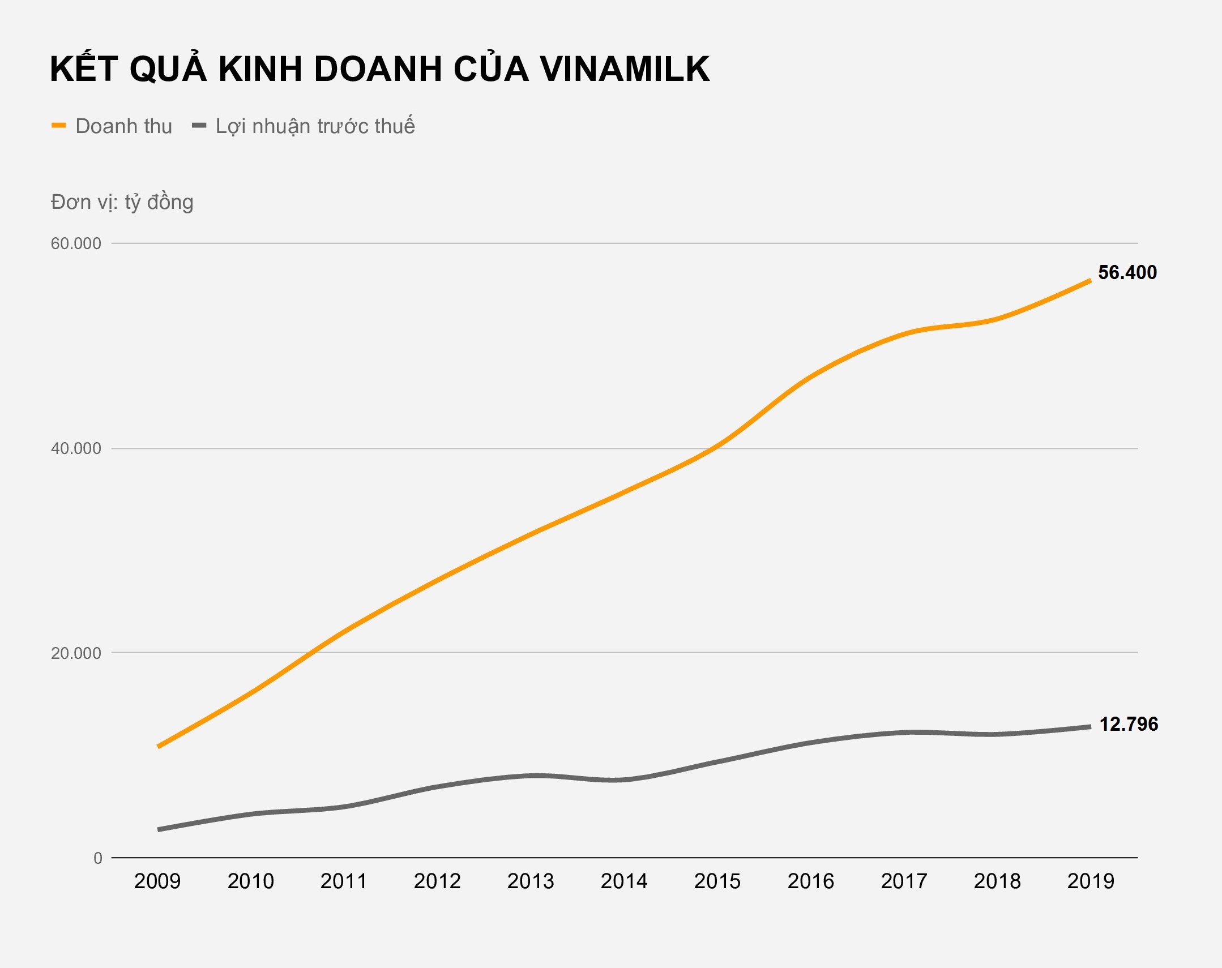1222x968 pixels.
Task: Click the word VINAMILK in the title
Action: pyautogui.click(x=624, y=70)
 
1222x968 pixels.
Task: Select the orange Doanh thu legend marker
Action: pyautogui.click(x=59, y=125)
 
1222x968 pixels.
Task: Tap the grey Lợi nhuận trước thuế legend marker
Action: pyautogui.click(x=199, y=125)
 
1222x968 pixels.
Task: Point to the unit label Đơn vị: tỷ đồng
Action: pyautogui.click(x=122, y=202)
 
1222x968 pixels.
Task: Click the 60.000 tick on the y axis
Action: pyautogui.click(x=76, y=244)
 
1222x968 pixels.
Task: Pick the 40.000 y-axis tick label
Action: pyautogui.click(x=76, y=449)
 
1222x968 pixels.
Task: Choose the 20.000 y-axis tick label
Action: pyautogui.click(x=76, y=653)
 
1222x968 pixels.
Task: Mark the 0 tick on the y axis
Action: pyautogui.click(x=98, y=858)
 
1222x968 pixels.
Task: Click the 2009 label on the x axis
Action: pyautogui.click(x=157, y=881)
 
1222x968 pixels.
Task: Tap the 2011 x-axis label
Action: pyautogui.click(x=344, y=881)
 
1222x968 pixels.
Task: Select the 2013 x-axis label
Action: pyautogui.click(x=531, y=881)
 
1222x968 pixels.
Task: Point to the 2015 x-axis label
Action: pyautogui.click(x=717, y=881)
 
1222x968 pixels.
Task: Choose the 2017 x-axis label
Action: pyautogui.click(x=903, y=881)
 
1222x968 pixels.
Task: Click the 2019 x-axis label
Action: pyautogui.click(x=1091, y=881)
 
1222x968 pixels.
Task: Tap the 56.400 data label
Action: pyautogui.click(x=1127, y=273)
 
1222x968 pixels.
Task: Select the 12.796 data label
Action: pyautogui.click(x=1129, y=724)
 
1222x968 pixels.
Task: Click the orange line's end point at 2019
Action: pyautogui.click(x=1089, y=281)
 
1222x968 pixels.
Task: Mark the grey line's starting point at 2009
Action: pyautogui.click(x=159, y=830)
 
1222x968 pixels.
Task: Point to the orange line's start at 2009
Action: pyautogui.click(x=159, y=747)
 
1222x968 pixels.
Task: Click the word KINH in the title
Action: pyautogui.click(x=259, y=70)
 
